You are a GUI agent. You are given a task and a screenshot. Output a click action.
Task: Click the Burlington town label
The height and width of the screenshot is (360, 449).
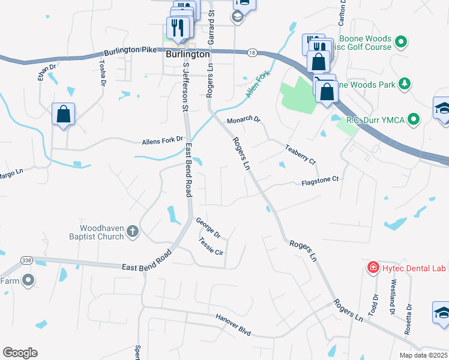pos(187,53)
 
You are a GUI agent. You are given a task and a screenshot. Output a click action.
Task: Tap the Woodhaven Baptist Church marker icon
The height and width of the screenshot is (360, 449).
pos(133,230)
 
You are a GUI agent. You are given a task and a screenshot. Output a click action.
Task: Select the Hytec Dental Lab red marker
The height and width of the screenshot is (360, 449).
pos(373,266)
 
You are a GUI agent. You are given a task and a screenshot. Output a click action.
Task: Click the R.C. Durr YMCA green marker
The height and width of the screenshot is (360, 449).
pos(414,120)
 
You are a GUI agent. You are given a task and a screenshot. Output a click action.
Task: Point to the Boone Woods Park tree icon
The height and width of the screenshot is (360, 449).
pos(405,84)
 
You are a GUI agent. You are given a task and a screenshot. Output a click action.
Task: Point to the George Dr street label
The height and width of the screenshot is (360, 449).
pos(208,227)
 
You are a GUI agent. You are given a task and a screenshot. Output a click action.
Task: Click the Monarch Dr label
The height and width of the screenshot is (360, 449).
pos(244,120)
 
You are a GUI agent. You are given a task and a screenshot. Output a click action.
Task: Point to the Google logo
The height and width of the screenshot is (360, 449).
pos(20,353)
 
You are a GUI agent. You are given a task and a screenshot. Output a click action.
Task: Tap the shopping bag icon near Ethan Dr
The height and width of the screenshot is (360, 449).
pos(64,114)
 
